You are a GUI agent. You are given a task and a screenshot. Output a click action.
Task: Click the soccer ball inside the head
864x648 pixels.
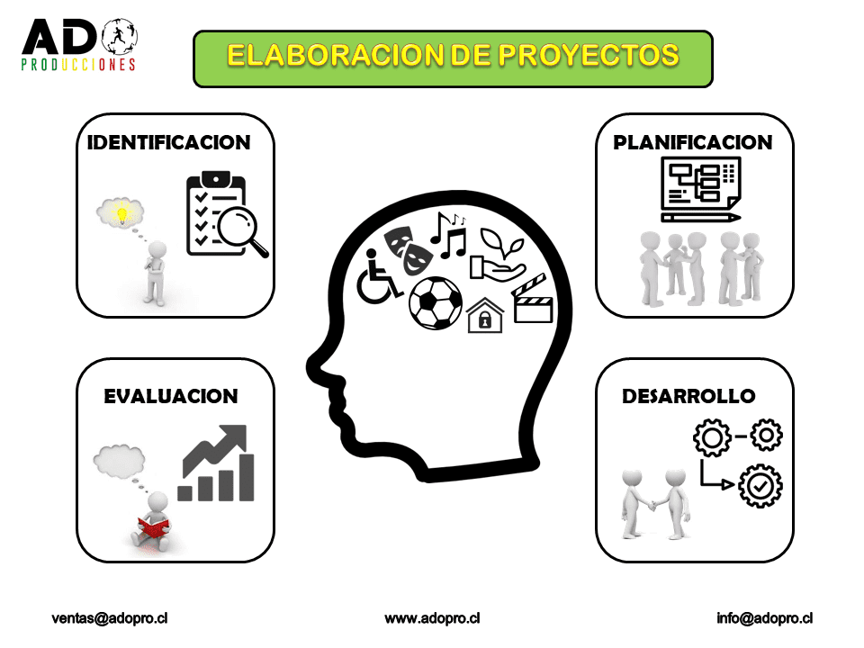(x=436, y=303)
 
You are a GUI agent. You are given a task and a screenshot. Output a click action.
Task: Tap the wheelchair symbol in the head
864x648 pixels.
(x=378, y=277)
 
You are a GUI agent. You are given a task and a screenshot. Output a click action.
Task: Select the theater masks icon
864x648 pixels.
(x=408, y=250)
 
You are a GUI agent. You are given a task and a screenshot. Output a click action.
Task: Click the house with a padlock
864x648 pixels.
(x=485, y=316)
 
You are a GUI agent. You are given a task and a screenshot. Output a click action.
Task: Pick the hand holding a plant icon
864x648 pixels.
(x=498, y=255)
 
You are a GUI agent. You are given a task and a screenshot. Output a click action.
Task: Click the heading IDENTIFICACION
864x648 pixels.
(x=168, y=143)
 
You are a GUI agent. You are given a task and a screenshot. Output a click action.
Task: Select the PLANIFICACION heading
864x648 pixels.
(x=693, y=143)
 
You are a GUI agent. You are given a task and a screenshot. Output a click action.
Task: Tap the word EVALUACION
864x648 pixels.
(x=171, y=396)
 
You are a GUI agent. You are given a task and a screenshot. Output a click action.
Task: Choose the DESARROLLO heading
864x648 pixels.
(x=688, y=396)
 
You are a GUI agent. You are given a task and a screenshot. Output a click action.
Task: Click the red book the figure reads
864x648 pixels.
(x=153, y=526)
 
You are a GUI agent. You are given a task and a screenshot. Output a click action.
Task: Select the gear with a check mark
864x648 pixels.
(x=760, y=485)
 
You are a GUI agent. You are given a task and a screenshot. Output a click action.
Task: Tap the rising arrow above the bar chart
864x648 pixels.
(x=215, y=450)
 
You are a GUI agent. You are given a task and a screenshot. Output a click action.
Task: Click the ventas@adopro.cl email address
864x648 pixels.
(x=110, y=618)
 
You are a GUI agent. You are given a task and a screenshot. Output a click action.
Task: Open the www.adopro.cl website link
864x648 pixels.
(x=432, y=618)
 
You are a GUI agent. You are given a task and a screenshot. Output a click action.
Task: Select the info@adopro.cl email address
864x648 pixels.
(x=764, y=618)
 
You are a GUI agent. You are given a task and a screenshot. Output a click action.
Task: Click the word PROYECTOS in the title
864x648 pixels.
(x=589, y=56)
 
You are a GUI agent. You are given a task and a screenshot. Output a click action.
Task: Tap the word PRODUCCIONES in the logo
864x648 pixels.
(x=78, y=65)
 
